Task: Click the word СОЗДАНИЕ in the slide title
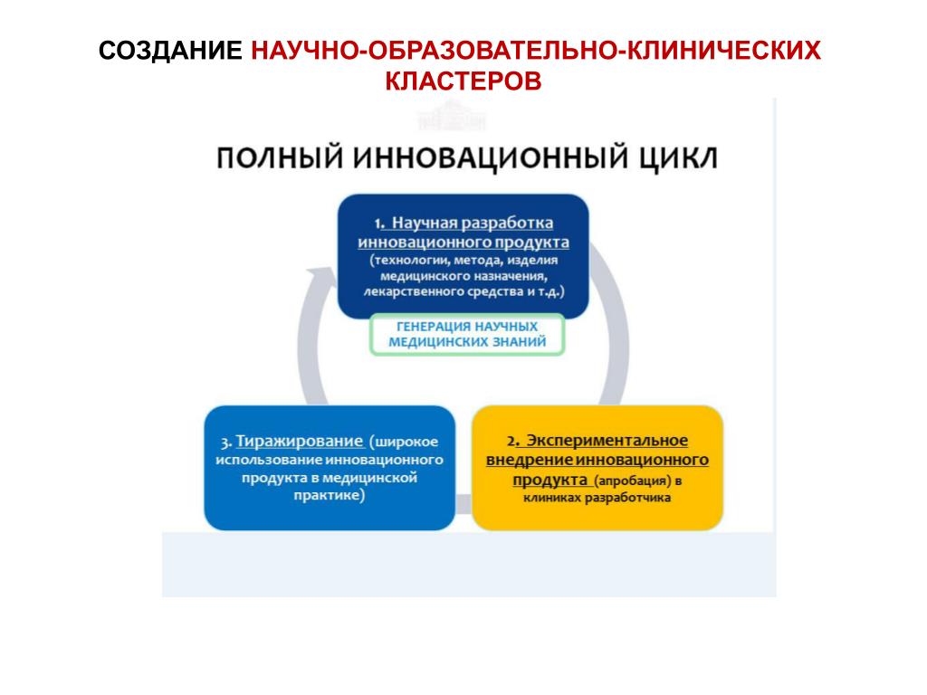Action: tap(170, 50)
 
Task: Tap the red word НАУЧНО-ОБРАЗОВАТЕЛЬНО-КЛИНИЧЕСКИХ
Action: tap(536, 50)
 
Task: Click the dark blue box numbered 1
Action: tap(463, 256)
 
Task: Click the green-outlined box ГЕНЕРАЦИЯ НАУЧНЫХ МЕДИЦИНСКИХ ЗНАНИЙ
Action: tap(467, 334)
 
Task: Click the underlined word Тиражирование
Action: tap(300, 442)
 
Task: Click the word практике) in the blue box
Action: tap(329, 496)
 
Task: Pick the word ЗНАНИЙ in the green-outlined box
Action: tap(520, 342)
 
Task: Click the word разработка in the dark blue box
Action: tap(512, 223)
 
